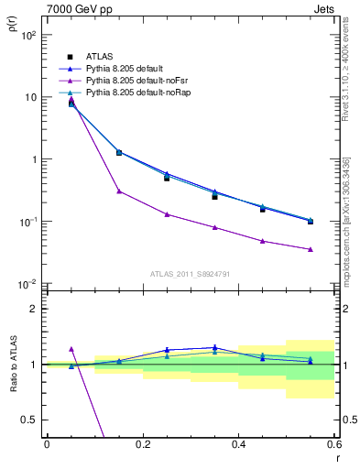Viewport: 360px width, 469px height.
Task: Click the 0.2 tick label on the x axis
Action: (x=142, y=444)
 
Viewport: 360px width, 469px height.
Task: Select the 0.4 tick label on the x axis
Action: (x=238, y=444)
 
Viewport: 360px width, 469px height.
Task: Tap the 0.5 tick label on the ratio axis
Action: (x=30, y=420)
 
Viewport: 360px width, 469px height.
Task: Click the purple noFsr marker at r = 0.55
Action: (x=311, y=249)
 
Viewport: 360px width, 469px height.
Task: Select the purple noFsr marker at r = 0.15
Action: (x=119, y=191)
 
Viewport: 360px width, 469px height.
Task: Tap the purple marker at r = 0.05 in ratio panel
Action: (x=71, y=349)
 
